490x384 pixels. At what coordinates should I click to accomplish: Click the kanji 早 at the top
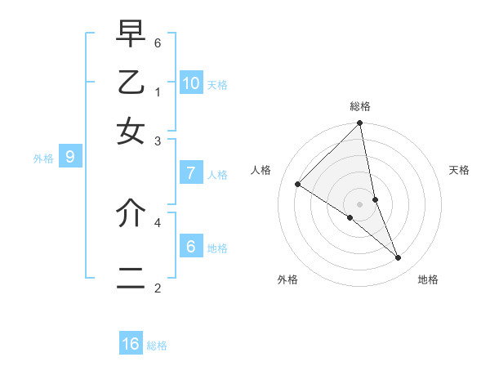131,36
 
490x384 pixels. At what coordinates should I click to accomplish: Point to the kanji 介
131,212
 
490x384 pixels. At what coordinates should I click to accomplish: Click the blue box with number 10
191,83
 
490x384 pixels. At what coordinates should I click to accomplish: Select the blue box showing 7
191,173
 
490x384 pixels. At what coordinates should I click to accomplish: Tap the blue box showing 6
191,247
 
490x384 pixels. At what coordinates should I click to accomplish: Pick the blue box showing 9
70,157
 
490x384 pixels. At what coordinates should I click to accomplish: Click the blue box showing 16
131,344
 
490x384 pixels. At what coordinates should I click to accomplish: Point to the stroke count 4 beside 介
158,221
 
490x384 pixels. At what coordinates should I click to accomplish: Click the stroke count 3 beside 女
158,141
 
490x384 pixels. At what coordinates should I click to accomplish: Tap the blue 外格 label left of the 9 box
43,159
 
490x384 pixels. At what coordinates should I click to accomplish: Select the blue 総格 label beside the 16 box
157,346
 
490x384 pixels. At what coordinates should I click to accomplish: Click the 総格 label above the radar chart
360,106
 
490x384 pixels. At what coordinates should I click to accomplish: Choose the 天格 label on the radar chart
459,170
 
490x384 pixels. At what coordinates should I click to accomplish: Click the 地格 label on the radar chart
428,280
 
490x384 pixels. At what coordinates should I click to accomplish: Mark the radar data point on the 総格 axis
359,124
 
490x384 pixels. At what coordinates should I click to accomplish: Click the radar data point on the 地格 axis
399,258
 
